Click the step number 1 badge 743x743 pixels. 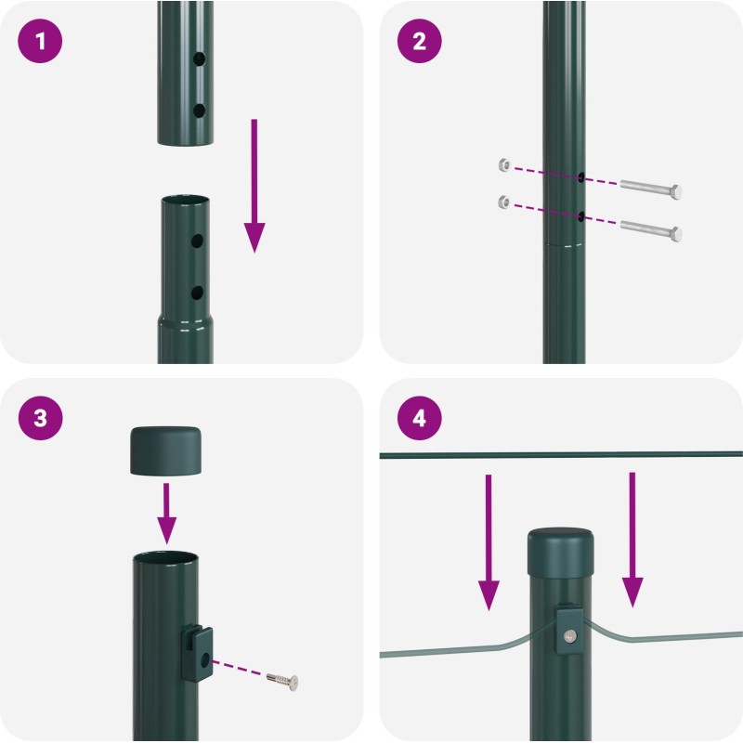click(x=40, y=41)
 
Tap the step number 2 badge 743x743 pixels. click(x=420, y=41)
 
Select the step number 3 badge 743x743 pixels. click(x=40, y=418)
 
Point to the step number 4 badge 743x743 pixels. click(x=420, y=418)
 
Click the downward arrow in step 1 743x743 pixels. click(x=254, y=186)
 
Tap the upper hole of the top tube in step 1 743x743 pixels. click(x=200, y=59)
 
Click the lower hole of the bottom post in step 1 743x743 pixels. click(x=197, y=293)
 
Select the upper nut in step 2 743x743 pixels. click(x=504, y=165)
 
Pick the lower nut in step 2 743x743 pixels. click(x=504, y=202)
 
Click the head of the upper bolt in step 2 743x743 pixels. click(x=676, y=192)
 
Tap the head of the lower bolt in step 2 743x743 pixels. click(x=676, y=234)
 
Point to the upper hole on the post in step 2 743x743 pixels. click(x=580, y=177)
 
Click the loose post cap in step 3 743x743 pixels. click(x=165, y=450)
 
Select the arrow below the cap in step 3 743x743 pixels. click(x=166, y=514)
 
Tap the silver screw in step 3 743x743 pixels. click(x=282, y=681)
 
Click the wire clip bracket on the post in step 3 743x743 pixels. click(x=197, y=653)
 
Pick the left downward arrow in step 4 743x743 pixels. click(x=489, y=542)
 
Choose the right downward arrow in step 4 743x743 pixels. click(x=632, y=540)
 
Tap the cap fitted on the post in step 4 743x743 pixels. click(x=561, y=553)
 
